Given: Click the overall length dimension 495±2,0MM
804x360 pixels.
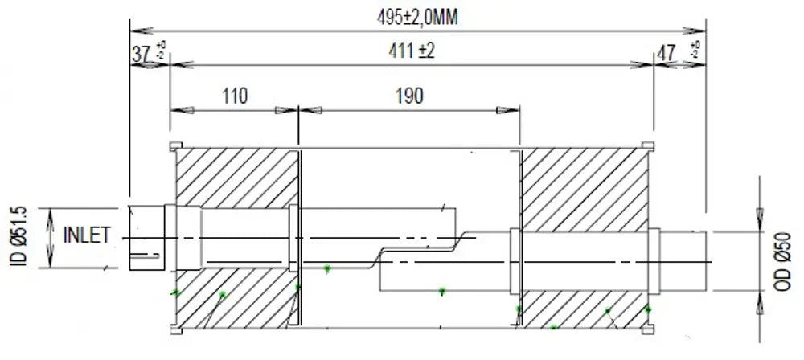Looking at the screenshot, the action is tap(417, 18).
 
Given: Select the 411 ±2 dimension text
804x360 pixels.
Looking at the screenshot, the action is tap(411, 51).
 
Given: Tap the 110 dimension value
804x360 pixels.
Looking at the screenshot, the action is tap(235, 96).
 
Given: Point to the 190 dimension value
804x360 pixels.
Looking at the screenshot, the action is tap(409, 96).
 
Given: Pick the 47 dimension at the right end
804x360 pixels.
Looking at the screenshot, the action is tap(667, 54).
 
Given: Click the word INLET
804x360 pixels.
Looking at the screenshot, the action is tap(87, 235).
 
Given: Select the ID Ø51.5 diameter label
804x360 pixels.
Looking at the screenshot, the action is tap(18, 236).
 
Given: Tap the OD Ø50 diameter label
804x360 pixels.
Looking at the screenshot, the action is tap(783, 261).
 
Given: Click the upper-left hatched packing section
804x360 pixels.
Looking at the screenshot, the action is tap(237, 178).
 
